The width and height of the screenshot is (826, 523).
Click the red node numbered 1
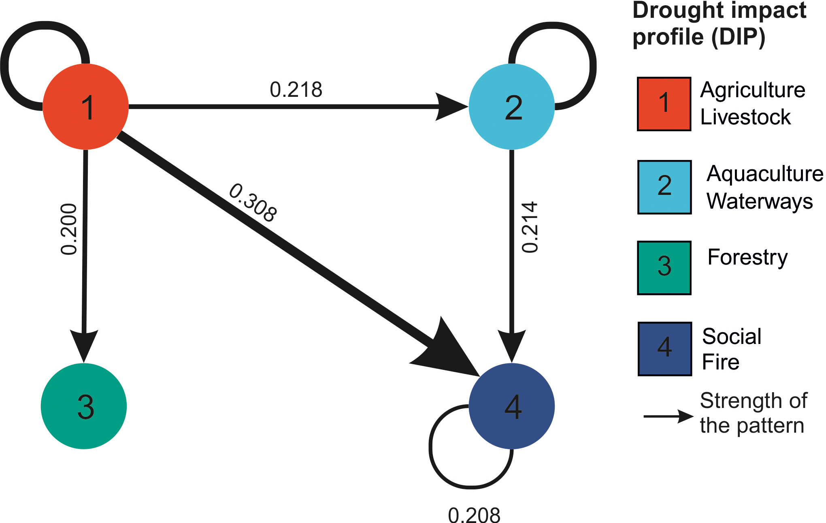point(86,107)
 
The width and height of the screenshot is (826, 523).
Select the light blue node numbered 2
point(512,107)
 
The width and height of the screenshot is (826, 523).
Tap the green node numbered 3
point(84,406)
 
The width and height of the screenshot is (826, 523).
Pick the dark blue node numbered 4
point(512,406)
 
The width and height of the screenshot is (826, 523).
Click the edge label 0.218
point(296,90)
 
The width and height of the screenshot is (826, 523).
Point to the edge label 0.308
point(253,203)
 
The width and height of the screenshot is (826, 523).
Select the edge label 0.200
point(69,229)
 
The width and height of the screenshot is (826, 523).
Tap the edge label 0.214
point(530,227)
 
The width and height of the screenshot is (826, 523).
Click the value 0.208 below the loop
point(474,515)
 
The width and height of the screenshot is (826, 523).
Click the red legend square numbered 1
point(664,104)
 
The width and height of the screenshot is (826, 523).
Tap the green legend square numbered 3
point(664,268)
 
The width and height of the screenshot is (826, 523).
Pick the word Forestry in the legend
point(747,258)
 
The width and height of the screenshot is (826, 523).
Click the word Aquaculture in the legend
point(764,174)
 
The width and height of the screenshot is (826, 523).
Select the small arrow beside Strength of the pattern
point(668,416)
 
